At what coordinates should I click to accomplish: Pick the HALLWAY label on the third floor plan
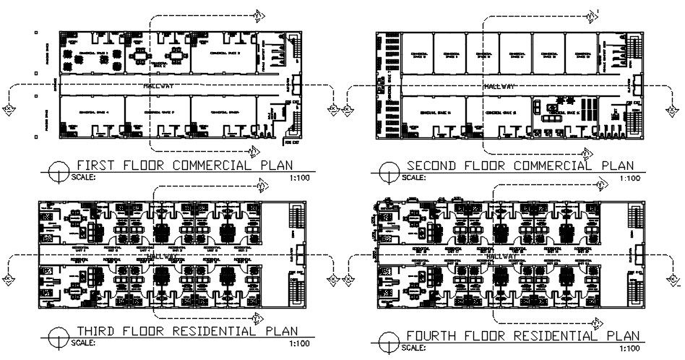click(160, 257)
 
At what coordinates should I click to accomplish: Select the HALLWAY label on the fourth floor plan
click(500, 256)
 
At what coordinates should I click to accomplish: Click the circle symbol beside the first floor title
click(57, 171)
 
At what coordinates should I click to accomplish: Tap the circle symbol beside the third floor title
click(57, 337)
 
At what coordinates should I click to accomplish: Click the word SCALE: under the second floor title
click(415, 177)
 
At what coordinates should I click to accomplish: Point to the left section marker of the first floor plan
click(9, 109)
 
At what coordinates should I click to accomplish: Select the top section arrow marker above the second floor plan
click(593, 14)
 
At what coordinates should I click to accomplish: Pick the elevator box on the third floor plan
click(298, 255)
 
